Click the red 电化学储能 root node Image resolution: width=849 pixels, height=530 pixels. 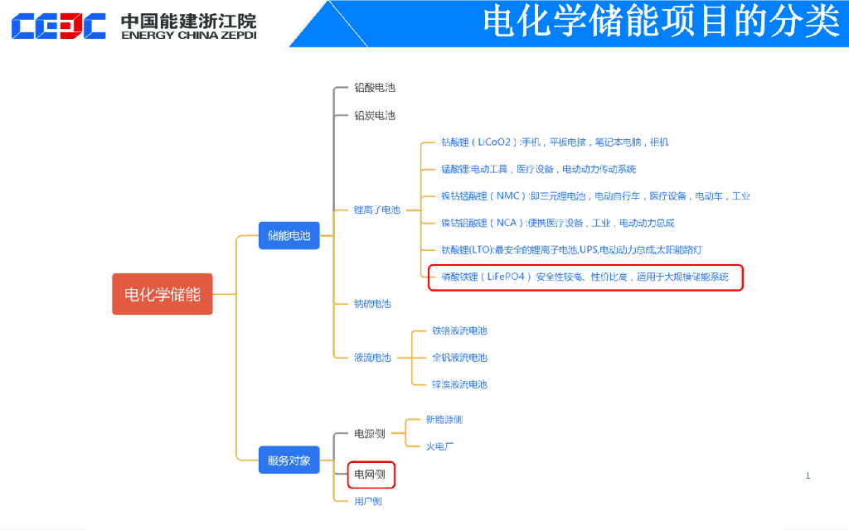(x=163, y=294)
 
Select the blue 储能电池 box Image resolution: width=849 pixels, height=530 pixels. (x=289, y=236)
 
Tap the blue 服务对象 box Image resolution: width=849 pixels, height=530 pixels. (x=289, y=460)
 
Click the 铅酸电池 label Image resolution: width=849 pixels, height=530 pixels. (x=375, y=87)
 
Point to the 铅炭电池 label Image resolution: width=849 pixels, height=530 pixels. (x=375, y=115)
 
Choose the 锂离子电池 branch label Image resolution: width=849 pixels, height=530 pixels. (x=376, y=210)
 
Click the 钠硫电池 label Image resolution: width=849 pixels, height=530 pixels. (x=372, y=304)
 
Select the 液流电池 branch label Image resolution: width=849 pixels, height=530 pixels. (x=372, y=358)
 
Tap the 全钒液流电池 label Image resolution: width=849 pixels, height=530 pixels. (x=459, y=358)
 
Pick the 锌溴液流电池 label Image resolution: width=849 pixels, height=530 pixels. (x=459, y=384)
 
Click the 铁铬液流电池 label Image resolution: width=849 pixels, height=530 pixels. (x=459, y=330)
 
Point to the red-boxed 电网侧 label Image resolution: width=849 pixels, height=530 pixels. (x=370, y=475)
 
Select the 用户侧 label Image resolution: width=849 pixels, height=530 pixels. (x=368, y=501)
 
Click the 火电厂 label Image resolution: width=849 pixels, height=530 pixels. (x=440, y=446)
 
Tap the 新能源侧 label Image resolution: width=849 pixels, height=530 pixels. (x=444, y=419)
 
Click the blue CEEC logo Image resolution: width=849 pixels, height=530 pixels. (x=58, y=26)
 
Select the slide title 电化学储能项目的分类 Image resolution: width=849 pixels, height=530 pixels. (x=661, y=22)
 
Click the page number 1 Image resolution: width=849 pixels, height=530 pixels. (x=808, y=475)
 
